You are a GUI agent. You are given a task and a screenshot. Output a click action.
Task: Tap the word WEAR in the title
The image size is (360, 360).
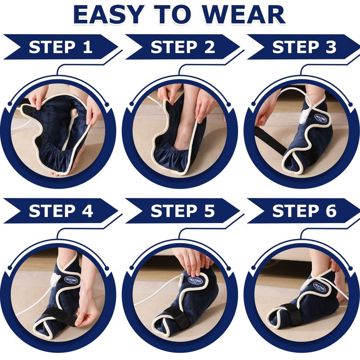click(x=244, y=14)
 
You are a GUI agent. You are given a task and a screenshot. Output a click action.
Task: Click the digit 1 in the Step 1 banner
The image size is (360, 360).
click(x=87, y=47)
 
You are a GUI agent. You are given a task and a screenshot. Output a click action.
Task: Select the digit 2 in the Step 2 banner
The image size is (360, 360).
click(x=209, y=47)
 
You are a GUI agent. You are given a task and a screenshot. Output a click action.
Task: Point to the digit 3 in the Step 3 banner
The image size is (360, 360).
click(x=330, y=47)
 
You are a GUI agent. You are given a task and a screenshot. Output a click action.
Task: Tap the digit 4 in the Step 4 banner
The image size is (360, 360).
click(x=87, y=211)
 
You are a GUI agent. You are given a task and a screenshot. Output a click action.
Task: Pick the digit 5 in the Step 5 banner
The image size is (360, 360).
click(x=209, y=211)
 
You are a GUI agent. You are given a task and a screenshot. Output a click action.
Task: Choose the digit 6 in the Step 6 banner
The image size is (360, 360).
click(x=330, y=211)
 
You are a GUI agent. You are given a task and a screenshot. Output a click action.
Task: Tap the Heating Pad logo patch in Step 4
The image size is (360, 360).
click(x=71, y=280)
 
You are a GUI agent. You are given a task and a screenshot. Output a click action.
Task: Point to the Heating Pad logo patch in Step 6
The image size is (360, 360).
click(x=319, y=287)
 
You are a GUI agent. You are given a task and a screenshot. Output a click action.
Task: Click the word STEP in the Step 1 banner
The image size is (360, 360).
click(x=52, y=47)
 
